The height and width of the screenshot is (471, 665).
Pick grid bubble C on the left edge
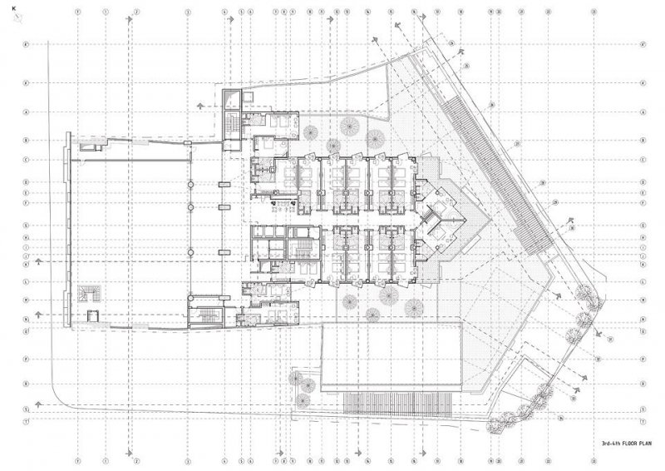coord(27,160)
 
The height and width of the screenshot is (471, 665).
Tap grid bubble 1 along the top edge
coord(77,12)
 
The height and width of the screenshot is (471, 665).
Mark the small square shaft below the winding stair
coord(92,315)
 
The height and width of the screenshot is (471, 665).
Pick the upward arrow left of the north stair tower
coord(199,106)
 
